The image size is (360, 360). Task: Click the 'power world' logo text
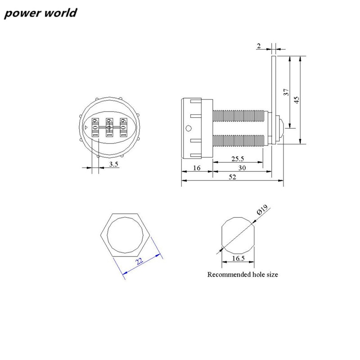click(41, 13)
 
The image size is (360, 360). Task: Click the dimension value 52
click(232, 177)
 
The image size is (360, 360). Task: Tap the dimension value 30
click(242, 168)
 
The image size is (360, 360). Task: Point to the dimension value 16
click(197, 168)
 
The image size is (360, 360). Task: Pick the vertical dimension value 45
click(297, 99)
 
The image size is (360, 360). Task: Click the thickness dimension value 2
click(259, 45)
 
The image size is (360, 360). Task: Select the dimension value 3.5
click(113, 165)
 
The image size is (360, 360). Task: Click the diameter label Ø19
click(262, 210)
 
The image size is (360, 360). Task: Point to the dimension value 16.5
click(238, 258)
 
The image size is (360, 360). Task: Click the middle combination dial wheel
click(108, 128)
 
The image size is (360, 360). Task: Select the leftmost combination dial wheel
click(95, 128)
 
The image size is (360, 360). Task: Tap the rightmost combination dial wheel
click(122, 128)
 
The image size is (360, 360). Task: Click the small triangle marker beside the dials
click(85, 128)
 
